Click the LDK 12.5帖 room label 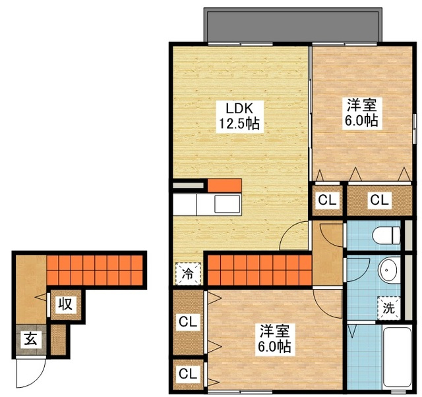[x=239, y=116]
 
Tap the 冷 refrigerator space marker [x=188, y=274]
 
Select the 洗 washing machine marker [x=389, y=308]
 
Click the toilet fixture [x=386, y=235]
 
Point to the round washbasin [x=388, y=270]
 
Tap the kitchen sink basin [x=227, y=204]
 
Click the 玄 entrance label [x=31, y=340]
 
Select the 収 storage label [x=66, y=305]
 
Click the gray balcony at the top [x=293, y=25]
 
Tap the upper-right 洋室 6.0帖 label [x=361, y=113]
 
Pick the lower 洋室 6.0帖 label [x=274, y=338]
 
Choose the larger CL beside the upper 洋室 [x=380, y=199]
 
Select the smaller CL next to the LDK [x=327, y=200]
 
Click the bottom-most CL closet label [x=188, y=373]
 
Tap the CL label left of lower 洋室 [x=188, y=322]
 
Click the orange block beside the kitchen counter [x=224, y=186]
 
